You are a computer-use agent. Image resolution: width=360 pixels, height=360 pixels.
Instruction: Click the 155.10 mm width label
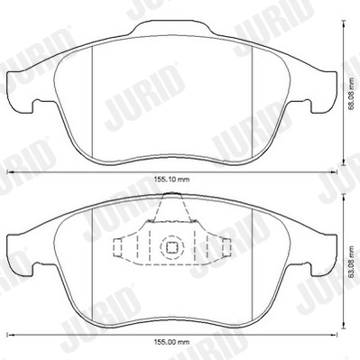[170, 180]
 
